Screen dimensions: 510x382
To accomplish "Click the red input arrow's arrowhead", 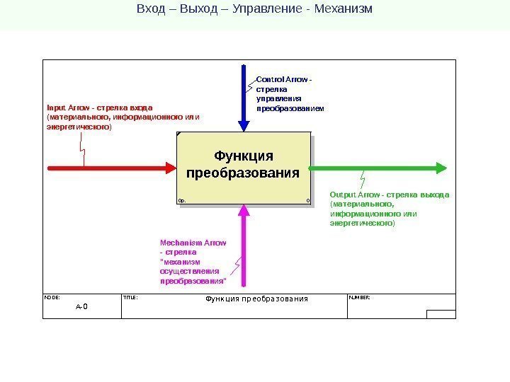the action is [x=170, y=168].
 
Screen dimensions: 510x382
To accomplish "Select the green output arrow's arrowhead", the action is [x=441, y=168].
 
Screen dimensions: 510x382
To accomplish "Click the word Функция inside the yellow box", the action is [x=243, y=156].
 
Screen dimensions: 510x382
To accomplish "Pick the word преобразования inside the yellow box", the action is [x=243, y=173].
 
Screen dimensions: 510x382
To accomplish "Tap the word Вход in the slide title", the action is [x=151, y=10].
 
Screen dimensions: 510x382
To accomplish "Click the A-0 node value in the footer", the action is [x=81, y=307].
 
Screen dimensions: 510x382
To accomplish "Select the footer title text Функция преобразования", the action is [x=256, y=299].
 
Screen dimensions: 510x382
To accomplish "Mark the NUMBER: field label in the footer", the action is [x=359, y=298].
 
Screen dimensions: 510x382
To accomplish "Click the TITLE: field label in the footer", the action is [x=130, y=298].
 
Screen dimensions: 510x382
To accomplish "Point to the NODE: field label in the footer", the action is [x=52, y=298].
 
